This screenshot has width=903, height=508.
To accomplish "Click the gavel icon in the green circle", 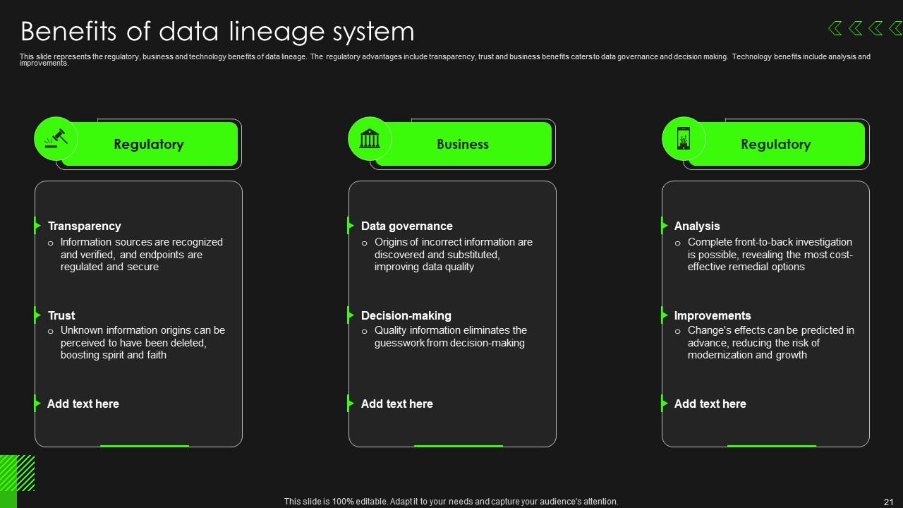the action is [x=56, y=138].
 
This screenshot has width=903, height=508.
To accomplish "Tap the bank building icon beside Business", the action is [x=370, y=138].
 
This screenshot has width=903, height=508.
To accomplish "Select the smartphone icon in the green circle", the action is [x=684, y=138].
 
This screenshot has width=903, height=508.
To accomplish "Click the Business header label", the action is [x=462, y=145].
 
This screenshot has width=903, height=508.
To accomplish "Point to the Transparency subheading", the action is [x=84, y=226].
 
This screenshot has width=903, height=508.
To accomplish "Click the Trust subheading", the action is [x=61, y=315].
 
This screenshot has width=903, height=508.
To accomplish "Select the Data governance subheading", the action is [x=407, y=226].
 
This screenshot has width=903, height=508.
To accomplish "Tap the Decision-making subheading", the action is [x=406, y=315].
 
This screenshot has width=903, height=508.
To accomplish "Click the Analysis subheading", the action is [x=697, y=226].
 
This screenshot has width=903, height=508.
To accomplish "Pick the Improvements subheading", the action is [x=713, y=315].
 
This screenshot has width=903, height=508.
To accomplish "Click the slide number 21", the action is [x=888, y=502].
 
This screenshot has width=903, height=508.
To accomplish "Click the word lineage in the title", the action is [x=277, y=32].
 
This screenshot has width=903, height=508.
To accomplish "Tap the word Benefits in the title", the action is [x=68, y=31].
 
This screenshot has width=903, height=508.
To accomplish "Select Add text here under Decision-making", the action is [x=396, y=404].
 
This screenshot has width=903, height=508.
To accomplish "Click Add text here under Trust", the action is [x=83, y=404].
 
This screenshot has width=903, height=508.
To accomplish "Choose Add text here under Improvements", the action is [x=710, y=404].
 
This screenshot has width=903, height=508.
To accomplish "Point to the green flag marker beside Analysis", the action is [x=664, y=225].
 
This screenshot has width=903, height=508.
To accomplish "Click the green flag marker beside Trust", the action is [x=37, y=315].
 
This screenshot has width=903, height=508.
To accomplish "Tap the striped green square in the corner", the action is [x=18, y=473].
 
